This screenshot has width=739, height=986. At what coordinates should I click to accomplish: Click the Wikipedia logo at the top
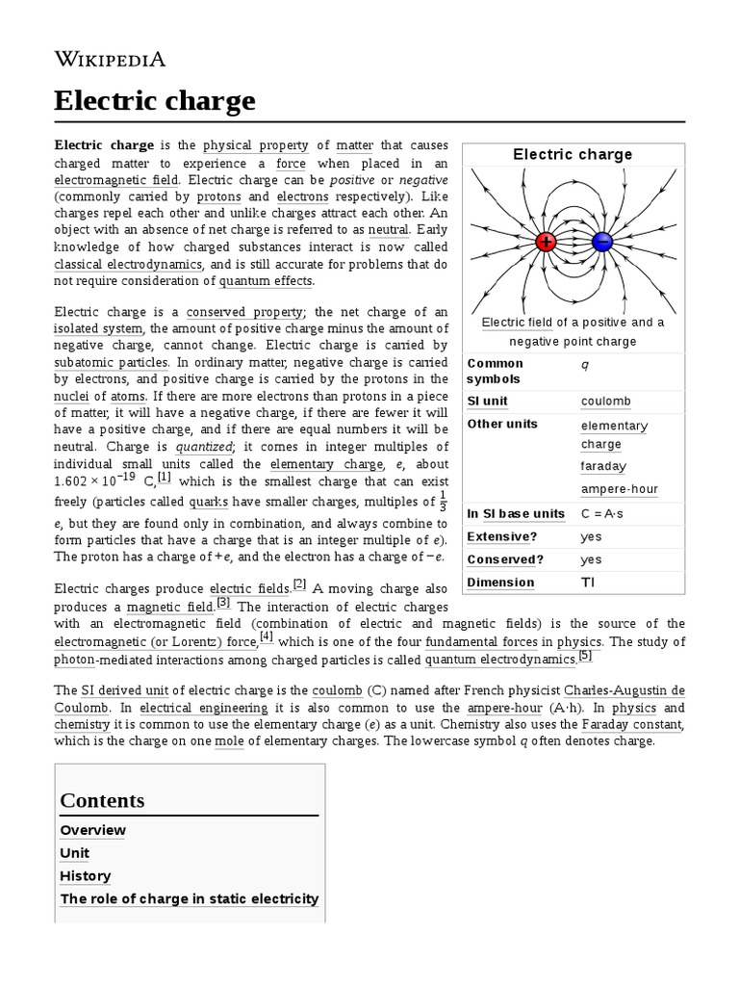point(110,60)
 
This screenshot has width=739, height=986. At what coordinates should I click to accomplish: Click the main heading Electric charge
point(155,100)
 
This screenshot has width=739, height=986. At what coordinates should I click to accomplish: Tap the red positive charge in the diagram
point(546,242)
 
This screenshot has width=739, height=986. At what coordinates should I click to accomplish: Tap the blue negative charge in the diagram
point(603,242)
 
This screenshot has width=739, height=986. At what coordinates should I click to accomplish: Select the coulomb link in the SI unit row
point(606,401)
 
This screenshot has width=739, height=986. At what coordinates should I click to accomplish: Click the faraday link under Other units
point(603,466)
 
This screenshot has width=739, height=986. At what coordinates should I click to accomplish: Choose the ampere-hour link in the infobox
point(620,488)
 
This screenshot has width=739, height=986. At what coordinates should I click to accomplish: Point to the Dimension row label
point(499,583)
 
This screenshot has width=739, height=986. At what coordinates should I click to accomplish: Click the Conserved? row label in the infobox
point(505,559)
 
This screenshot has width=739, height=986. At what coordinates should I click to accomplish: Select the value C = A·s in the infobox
point(602,513)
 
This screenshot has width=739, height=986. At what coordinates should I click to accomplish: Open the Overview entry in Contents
point(92,830)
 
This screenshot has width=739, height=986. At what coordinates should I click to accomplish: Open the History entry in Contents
point(85,876)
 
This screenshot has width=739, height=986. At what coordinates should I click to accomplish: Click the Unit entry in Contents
point(74,853)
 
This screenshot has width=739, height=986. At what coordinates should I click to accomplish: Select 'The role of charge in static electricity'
point(189,898)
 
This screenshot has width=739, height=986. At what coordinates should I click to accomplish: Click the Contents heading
point(102,800)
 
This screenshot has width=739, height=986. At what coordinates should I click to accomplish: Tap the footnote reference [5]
point(585,657)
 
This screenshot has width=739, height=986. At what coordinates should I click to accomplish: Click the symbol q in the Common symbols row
point(585,364)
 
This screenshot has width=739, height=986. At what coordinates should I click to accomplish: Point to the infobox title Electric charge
point(573,154)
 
